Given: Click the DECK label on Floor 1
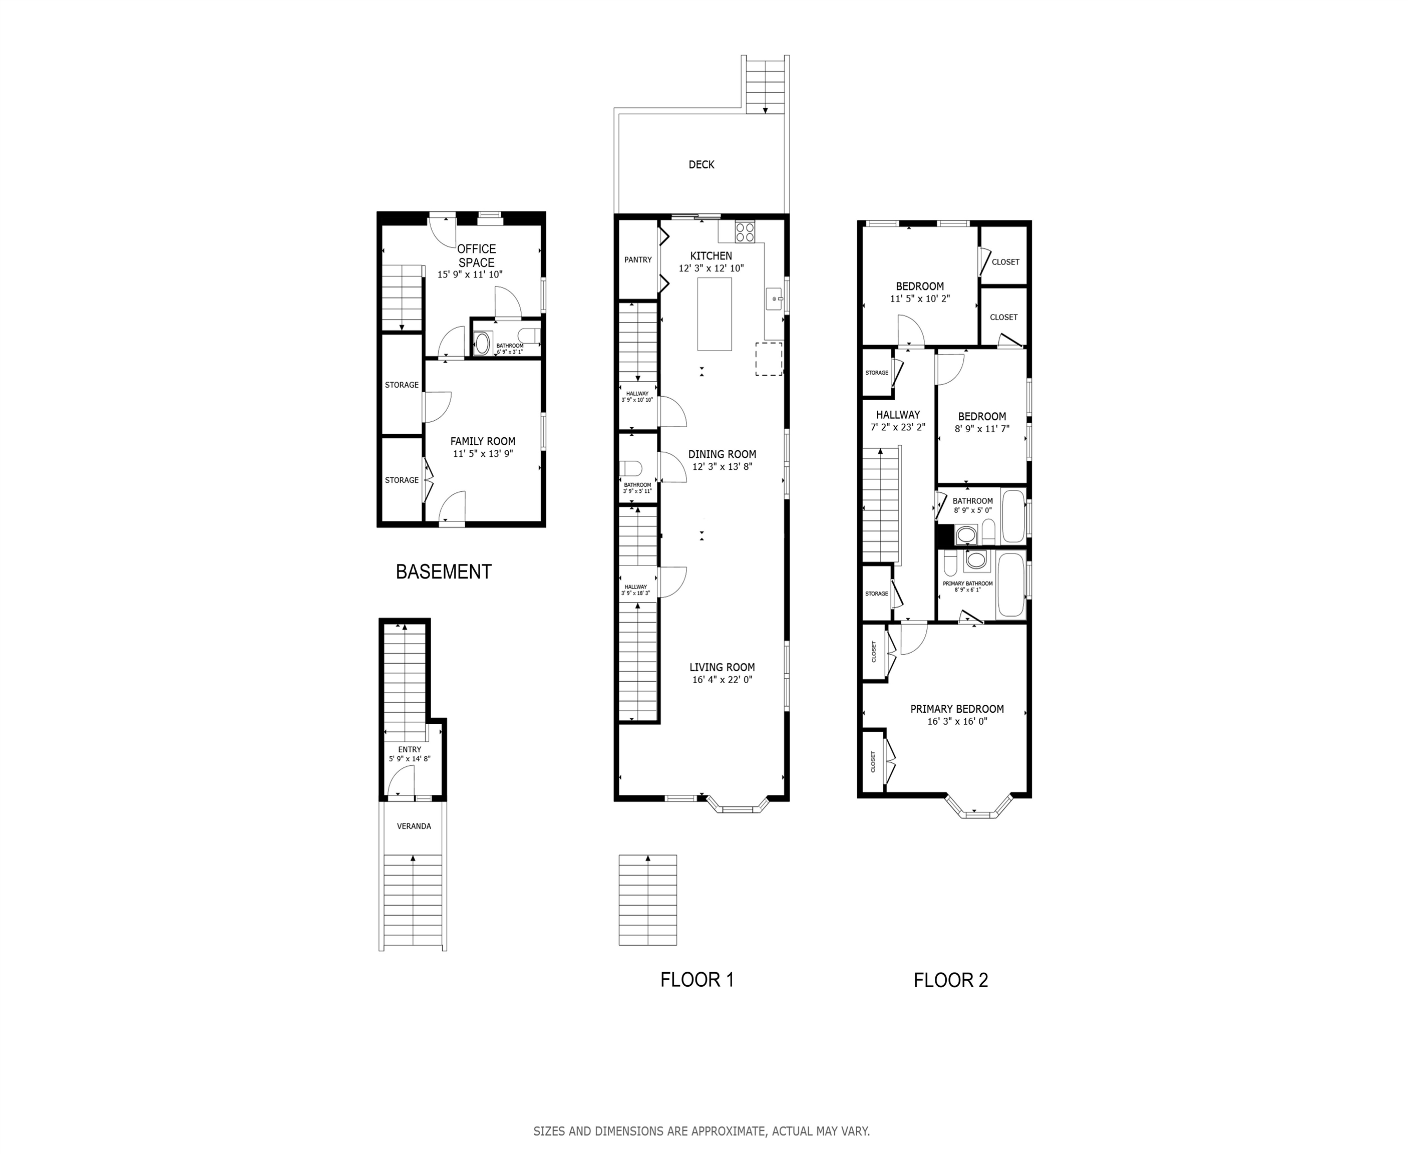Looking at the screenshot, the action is (x=701, y=165).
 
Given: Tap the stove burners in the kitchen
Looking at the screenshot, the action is (x=745, y=231).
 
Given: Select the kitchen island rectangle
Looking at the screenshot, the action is (x=715, y=314).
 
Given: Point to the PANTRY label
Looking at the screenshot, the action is (x=638, y=260).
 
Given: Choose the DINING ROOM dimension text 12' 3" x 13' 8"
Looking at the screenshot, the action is (x=722, y=467).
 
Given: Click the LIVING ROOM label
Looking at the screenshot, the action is (x=722, y=667).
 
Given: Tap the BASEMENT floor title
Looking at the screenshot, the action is (x=444, y=571).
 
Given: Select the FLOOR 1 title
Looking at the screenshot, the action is (x=697, y=980).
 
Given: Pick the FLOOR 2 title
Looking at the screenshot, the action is (x=951, y=981).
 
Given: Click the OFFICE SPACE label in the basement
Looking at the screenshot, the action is (x=476, y=256).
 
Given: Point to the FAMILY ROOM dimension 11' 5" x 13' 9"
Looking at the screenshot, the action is (x=483, y=454).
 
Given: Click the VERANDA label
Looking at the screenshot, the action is (x=414, y=826).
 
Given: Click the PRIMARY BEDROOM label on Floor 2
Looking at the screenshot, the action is (x=957, y=709).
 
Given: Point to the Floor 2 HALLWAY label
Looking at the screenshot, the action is (x=898, y=415).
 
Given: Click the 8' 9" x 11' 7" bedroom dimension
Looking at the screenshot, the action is (x=982, y=429).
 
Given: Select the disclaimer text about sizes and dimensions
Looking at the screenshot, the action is (x=701, y=1131).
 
